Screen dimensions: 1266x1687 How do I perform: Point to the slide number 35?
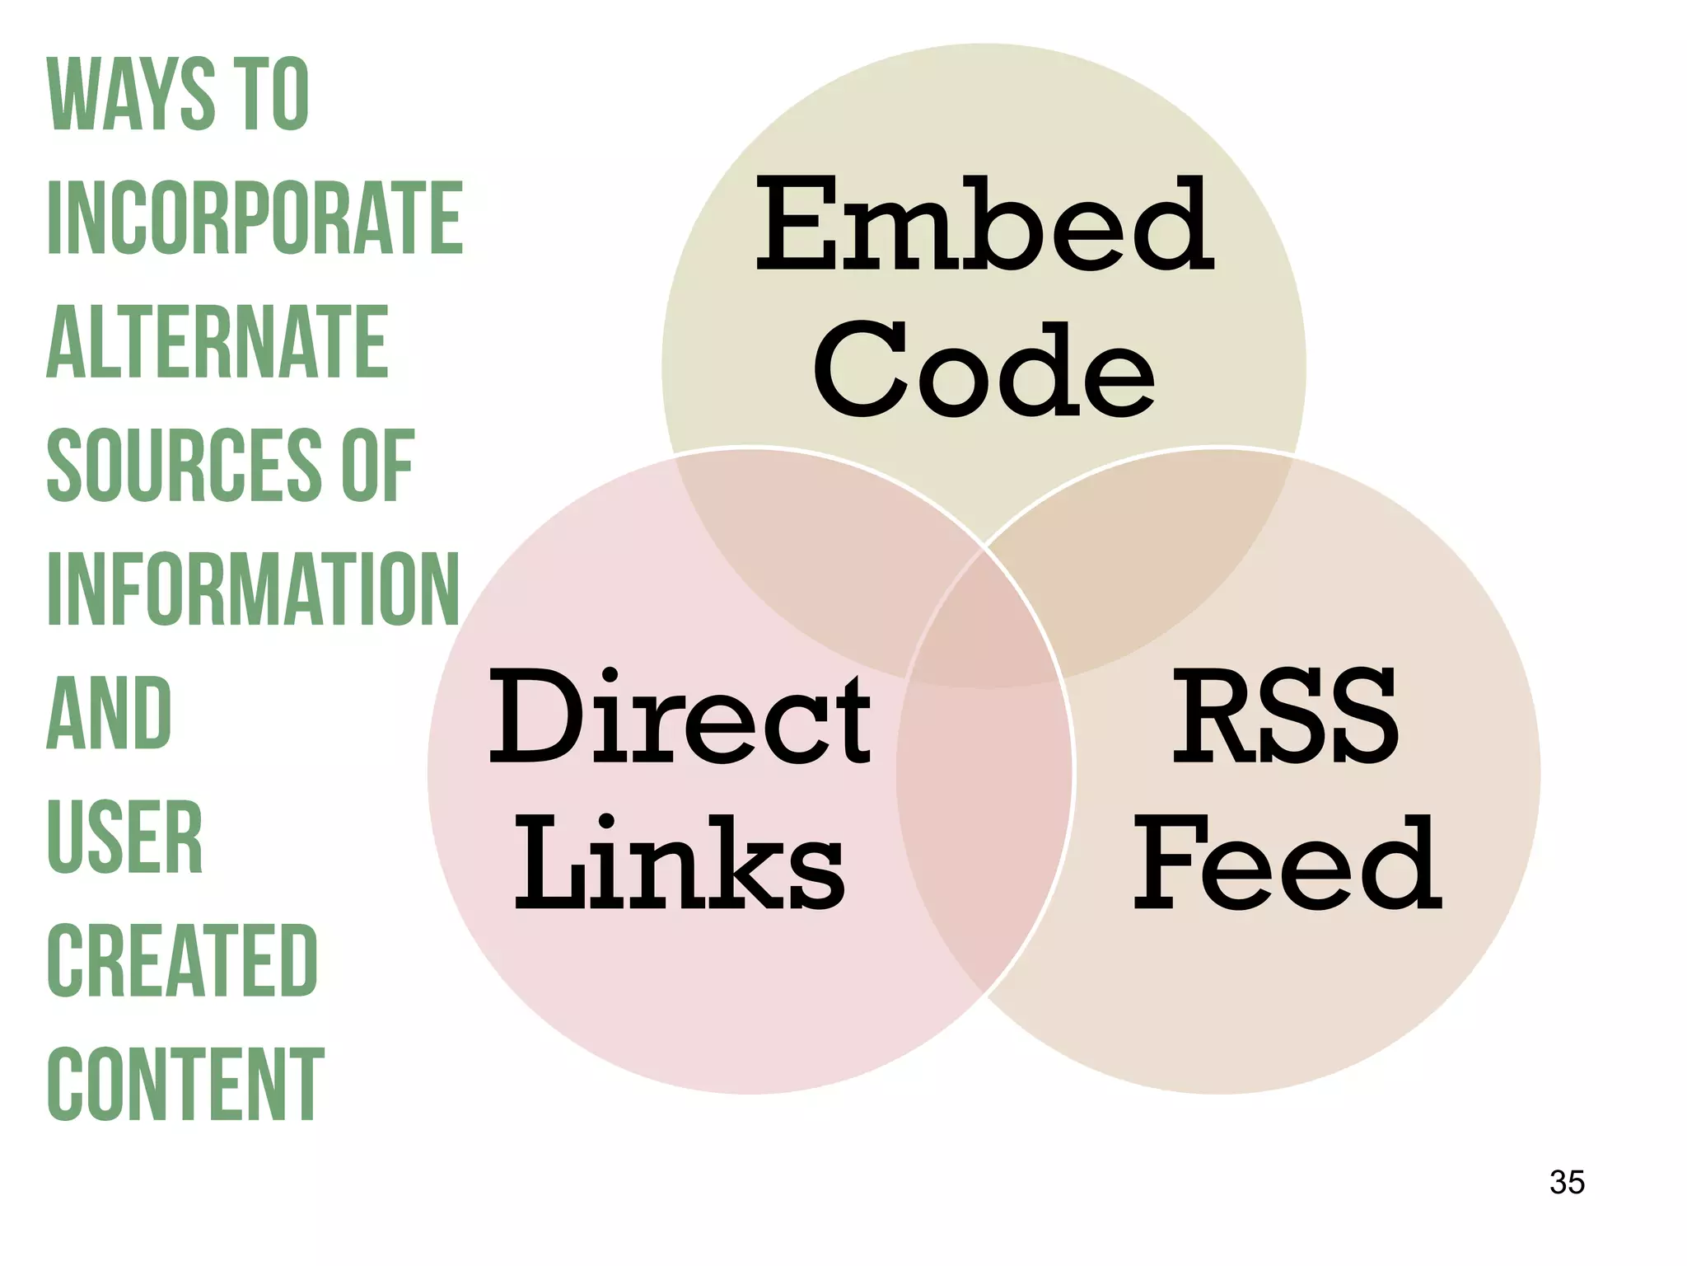pyautogui.click(x=1567, y=1182)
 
